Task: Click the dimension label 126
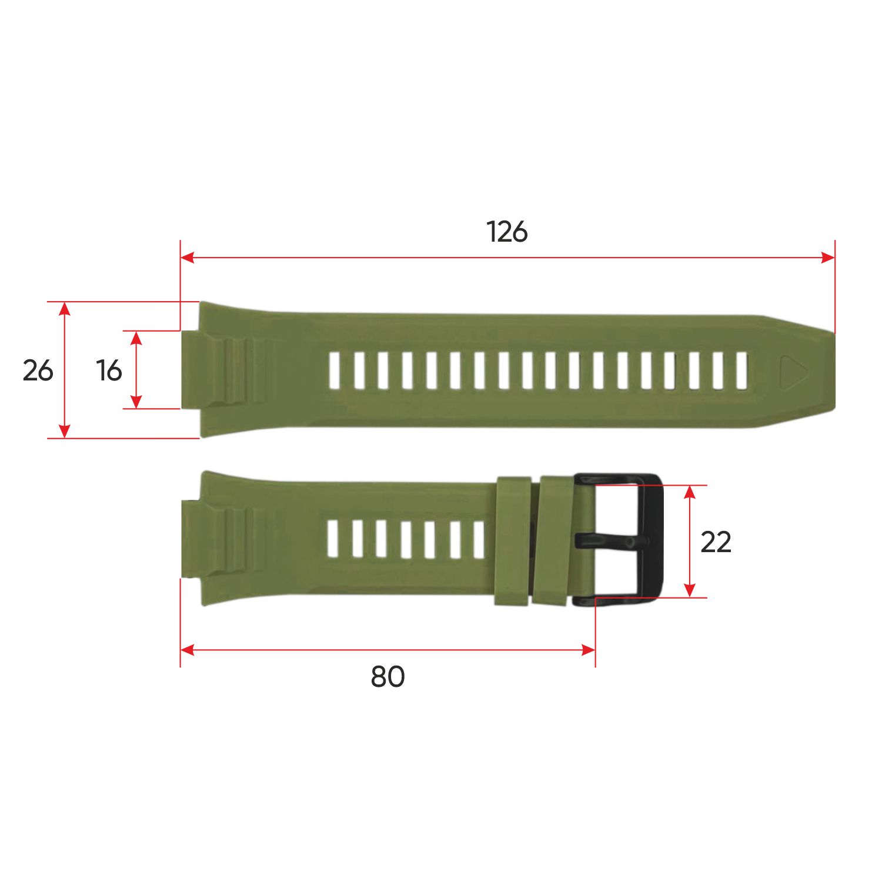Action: (x=507, y=232)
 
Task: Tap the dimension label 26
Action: (x=38, y=370)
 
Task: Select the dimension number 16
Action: (x=109, y=370)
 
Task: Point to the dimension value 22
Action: (x=716, y=542)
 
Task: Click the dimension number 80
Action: (x=387, y=676)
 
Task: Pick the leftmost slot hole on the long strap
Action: (x=335, y=370)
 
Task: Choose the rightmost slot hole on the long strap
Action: (x=741, y=370)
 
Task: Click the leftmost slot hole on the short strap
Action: (x=333, y=539)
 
